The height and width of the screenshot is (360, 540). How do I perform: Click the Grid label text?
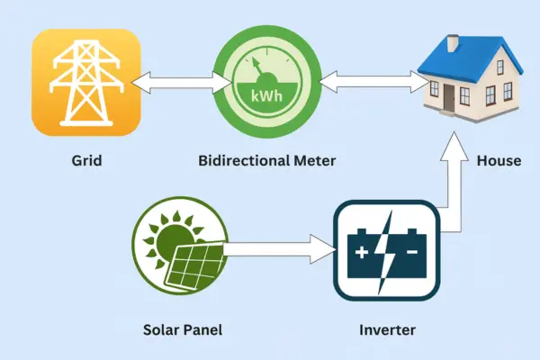86,161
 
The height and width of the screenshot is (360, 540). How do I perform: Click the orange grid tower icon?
86,82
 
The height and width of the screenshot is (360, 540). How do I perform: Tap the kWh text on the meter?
267,94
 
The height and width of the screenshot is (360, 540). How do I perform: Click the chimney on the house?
453,42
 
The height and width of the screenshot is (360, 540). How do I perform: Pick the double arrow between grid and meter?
176,84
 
